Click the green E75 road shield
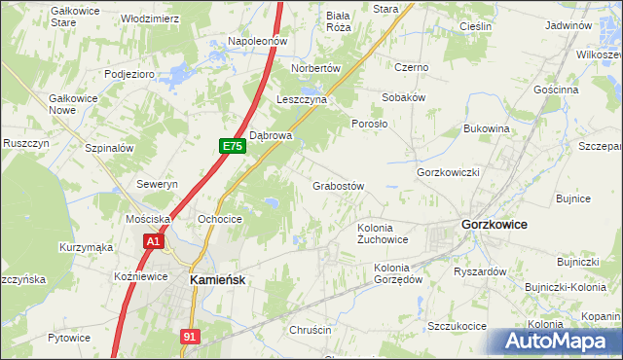click(x=231, y=146)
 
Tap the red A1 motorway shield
click(x=152, y=240)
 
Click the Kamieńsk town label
click(x=218, y=278)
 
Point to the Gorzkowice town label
click(x=494, y=224)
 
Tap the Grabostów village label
click(x=338, y=186)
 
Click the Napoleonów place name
click(x=256, y=42)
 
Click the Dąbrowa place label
click(x=272, y=136)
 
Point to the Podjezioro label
click(x=130, y=73)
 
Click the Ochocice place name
click(x=219, y=220)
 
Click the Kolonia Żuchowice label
click(x=383, y=234)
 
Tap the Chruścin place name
click(x=311, y=331)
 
